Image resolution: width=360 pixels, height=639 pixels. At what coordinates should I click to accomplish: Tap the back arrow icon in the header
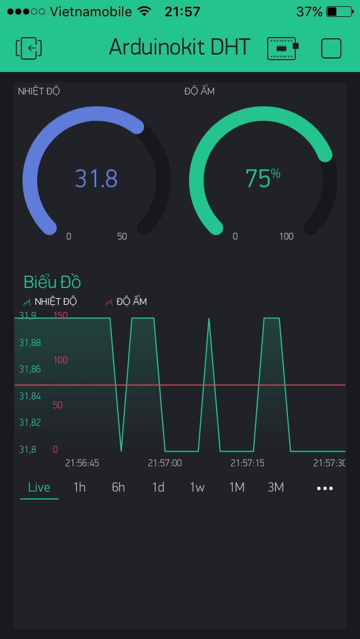(x=29, y=48)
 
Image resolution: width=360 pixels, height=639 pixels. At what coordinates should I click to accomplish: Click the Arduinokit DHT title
(x=179, y=48)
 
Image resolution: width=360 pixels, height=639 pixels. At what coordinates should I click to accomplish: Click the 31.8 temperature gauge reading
(x=96, y=178)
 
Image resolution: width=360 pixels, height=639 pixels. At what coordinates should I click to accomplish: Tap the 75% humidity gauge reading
(x=262, y=178)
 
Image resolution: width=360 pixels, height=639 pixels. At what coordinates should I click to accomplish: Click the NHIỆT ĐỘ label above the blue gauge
(x=39, y=91)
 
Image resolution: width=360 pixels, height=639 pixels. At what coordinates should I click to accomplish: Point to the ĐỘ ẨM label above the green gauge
(x=199, y=91)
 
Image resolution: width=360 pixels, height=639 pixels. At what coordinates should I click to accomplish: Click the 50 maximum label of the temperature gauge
(x=122, y=236)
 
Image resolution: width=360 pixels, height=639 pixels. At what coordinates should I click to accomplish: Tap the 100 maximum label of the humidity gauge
(x=286, y=236)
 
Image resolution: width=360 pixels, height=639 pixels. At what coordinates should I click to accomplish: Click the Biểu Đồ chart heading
(x=52, y=282)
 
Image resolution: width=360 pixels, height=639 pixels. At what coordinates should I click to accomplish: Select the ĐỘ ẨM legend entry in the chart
(x=127, y=302)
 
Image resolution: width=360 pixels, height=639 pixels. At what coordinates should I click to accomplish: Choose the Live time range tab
(x=39, y=487)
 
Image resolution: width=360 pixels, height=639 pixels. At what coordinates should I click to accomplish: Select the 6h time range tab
(x=118, y=487)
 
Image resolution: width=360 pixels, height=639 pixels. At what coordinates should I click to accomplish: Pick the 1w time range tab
(x=197, y=487)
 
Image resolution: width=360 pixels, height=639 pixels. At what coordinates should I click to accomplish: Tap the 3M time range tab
(x=276, y=487)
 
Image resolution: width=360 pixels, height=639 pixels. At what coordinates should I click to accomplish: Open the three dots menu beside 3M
(x=325, y=488)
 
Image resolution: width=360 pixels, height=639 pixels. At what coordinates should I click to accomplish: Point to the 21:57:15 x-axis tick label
(x=247, y=463)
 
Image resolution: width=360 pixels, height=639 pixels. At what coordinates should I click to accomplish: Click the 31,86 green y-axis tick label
(x=30, y=370)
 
